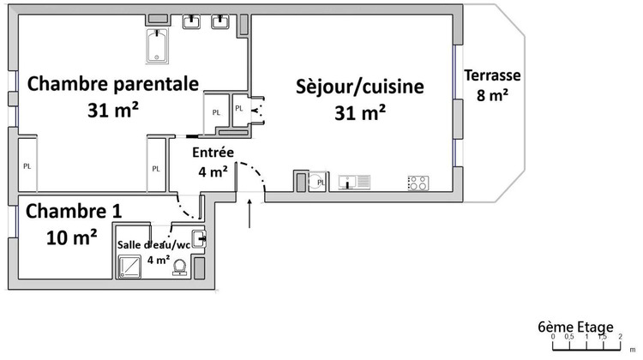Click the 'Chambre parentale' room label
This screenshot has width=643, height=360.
coord(113,84)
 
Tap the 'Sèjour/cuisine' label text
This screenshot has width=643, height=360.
coord(360,87)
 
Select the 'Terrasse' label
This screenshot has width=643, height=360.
coord(492,75)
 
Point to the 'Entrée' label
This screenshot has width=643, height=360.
coord(213,152)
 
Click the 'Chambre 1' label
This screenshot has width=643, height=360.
coord(74,211)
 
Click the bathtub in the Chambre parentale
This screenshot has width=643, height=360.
coord(159,46)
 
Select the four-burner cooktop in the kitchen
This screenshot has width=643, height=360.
coord(418,182)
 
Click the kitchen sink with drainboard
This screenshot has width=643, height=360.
coord(354,182)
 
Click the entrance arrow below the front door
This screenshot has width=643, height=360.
coord(249,213)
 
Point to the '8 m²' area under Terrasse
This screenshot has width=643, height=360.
coord(493,95)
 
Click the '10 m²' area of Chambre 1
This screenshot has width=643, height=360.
coord(71,237)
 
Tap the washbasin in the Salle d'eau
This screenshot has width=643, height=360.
coord(197,239)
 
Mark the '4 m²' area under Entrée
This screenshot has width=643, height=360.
coord(213,171)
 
